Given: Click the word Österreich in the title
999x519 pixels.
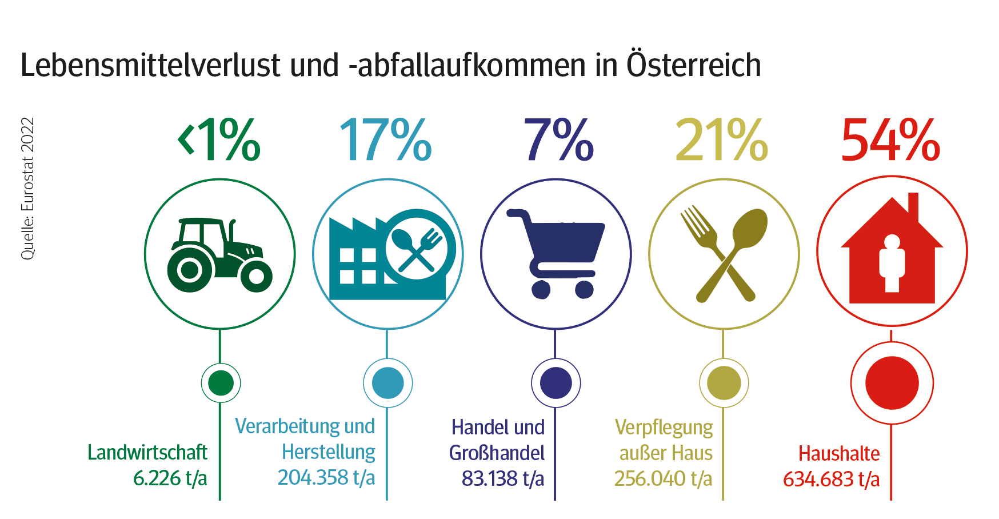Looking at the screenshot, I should (694, 65).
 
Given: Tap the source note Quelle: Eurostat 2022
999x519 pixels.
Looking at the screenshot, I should (27, 189).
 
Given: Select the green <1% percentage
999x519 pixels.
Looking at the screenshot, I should (220, 140).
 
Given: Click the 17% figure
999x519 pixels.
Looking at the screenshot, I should (386, 140).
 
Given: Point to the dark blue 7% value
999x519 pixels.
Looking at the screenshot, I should (558, 140).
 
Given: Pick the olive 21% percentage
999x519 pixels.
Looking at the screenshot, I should (721, 140).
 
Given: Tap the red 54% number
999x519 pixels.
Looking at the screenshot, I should (890, 140).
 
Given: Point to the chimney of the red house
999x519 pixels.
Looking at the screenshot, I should (913, 206).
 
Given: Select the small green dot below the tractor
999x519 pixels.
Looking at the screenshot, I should (221, 382).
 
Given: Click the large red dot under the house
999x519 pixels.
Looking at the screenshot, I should (892, 382).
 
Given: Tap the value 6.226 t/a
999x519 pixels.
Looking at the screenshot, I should (170, 478).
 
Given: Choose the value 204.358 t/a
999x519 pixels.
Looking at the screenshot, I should (326, 477).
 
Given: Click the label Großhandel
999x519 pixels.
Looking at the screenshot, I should (496, 453).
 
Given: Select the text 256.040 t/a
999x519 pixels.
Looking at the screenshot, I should (663, 478).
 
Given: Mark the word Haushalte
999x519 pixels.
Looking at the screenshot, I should (838, 453).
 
